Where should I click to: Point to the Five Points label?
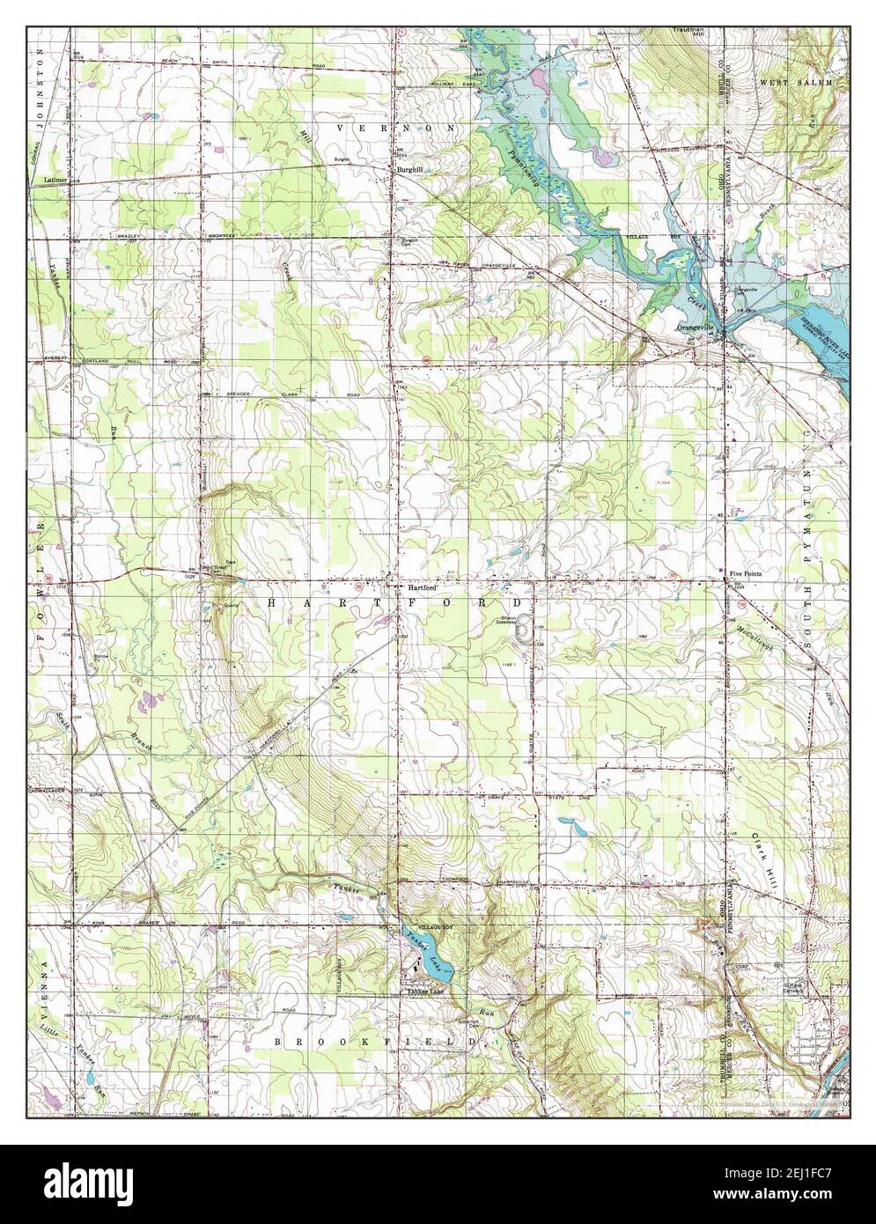coord(746,574)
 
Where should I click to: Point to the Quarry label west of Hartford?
coord(231,606)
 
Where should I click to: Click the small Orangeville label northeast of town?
coord(747,290)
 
